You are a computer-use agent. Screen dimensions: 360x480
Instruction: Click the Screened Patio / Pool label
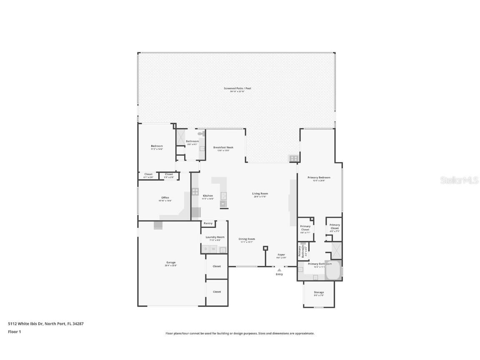tap(237, 88)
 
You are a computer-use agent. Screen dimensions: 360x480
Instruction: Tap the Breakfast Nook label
tap(223, 147)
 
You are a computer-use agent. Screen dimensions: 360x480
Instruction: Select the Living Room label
tap(260, 193)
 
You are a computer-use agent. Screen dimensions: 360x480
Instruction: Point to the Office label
tap(165, 197)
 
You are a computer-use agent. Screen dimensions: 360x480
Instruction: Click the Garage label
tap(171, 262)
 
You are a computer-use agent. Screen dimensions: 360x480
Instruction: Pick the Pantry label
tap(208, 223)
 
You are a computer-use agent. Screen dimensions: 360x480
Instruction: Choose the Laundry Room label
tap(215, 237)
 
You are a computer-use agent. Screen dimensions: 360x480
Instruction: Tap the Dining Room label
tap(247, 239)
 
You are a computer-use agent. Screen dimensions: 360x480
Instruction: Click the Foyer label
tap(282, 255)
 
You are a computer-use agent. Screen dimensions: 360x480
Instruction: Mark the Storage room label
tap(319, 292)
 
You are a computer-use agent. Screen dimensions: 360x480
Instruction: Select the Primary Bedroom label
tap(319, 177)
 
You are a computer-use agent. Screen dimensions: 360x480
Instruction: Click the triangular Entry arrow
tap(279, 270)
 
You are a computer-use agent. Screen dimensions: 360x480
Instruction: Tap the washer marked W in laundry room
tap(213, 249)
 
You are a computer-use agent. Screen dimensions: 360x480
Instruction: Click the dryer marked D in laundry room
tap(205, 249)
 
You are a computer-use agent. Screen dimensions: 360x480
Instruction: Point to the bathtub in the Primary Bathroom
tap(332, 270)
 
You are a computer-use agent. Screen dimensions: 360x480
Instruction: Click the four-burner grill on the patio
tap(294, 158)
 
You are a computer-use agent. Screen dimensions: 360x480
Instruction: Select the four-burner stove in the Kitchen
tap(195, 192)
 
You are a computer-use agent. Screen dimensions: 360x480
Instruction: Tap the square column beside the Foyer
tap(265, 248)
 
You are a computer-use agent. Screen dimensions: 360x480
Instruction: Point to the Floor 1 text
tap(14, 332)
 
